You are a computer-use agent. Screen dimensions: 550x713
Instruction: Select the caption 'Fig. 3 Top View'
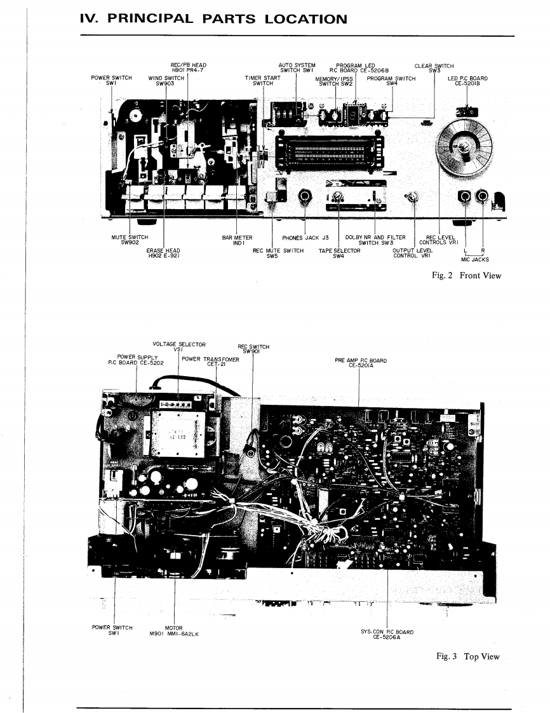467,656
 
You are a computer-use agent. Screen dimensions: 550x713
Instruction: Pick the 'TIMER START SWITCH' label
262,81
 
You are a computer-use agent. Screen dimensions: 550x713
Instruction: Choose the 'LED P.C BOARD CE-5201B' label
467,81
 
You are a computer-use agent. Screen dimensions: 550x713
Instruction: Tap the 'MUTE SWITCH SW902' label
130,240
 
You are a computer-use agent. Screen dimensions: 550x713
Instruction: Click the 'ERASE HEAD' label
164,253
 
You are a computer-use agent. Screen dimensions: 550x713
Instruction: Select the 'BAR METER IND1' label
237,240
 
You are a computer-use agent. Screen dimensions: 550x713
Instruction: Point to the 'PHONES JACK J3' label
304,238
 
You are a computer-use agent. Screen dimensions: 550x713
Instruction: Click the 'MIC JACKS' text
474,259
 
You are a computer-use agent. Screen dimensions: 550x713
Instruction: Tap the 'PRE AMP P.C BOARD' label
361,363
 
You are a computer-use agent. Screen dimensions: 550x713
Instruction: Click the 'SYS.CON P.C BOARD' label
387,634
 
